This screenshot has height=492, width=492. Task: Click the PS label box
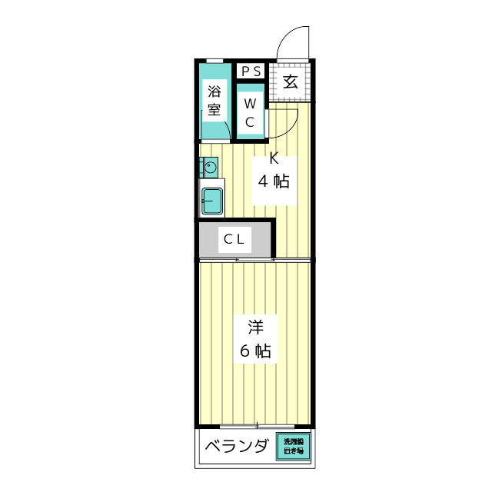[251, 71]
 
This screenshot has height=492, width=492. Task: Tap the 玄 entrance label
[291, 81]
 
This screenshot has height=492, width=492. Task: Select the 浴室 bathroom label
[214, 99]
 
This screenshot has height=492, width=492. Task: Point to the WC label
[251, 112]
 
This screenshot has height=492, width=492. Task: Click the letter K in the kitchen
[274, 160]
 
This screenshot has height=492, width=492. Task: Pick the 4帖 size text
[274, 182]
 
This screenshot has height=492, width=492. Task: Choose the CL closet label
[234, 239]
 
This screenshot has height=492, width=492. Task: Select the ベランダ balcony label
[237, 447]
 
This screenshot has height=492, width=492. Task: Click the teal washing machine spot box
[294, 447]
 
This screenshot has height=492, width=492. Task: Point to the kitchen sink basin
[211, 201]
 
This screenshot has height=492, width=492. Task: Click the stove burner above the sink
[209, 166]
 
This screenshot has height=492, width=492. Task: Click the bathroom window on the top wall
[215, 61]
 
